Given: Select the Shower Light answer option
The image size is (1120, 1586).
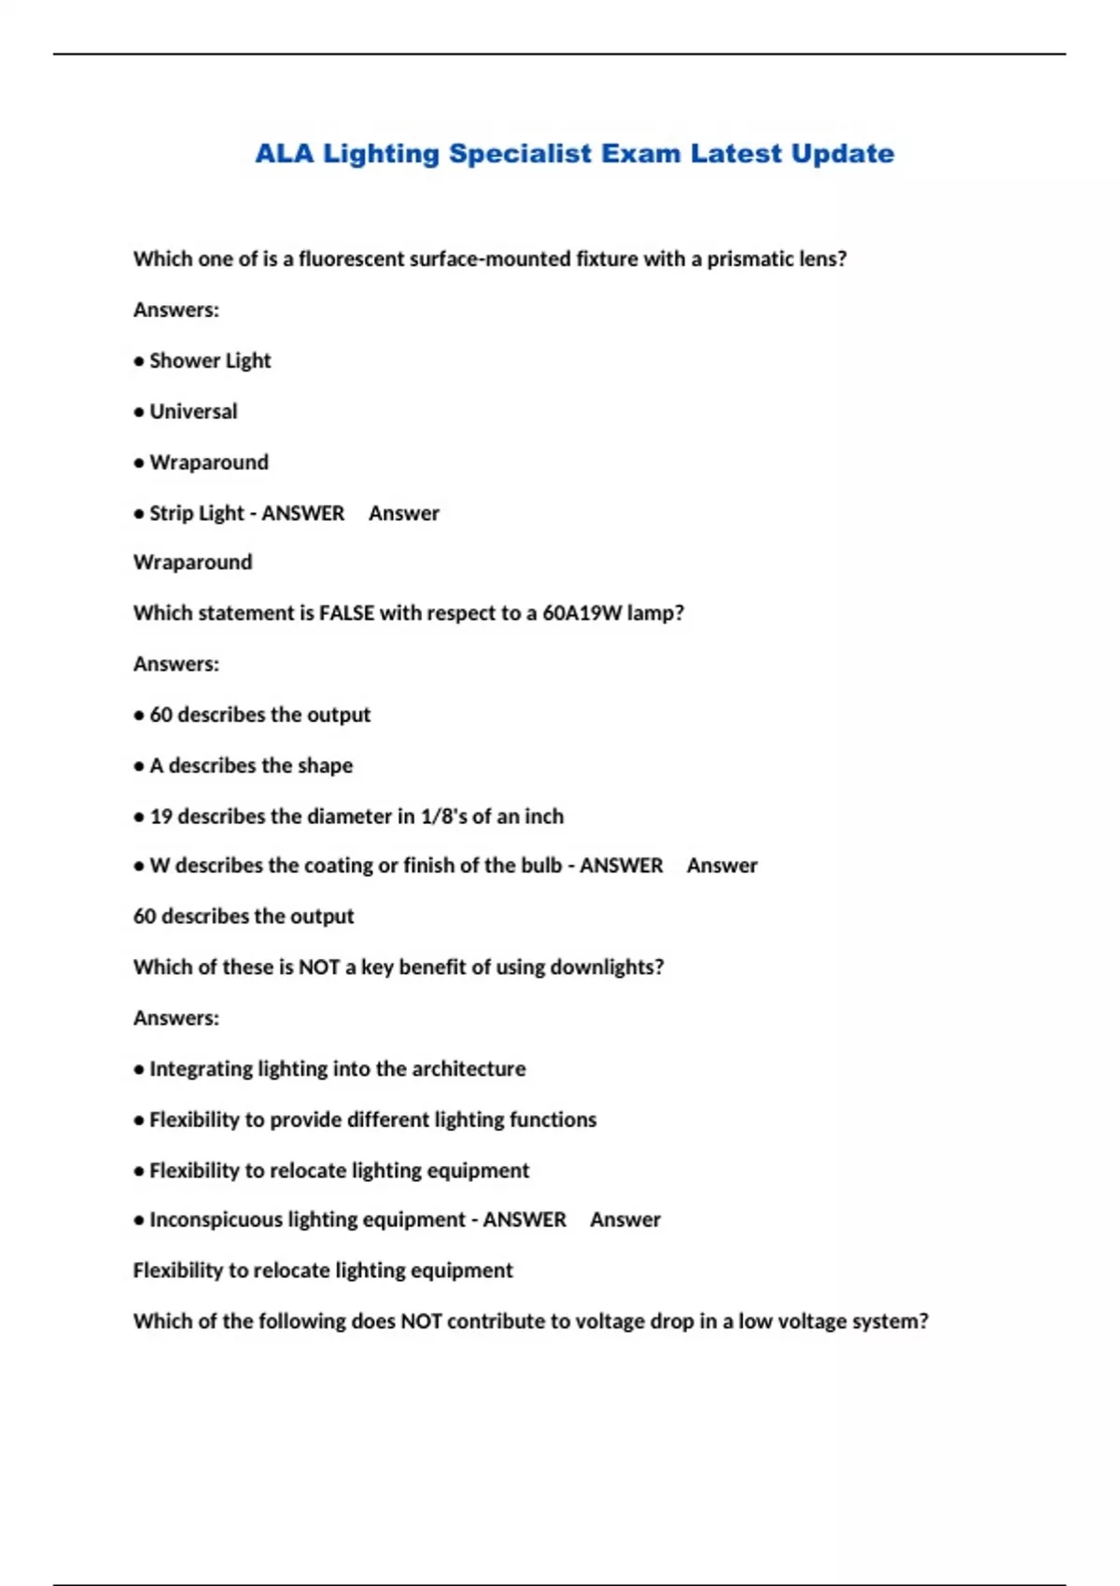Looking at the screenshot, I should pos(210,361).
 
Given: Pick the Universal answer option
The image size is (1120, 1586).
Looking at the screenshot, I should pos(193,411).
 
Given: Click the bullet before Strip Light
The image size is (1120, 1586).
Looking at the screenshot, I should pos(139,514).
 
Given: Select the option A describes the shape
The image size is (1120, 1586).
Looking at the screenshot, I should pos(251,766).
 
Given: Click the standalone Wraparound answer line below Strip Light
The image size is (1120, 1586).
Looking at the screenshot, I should pos(192,563).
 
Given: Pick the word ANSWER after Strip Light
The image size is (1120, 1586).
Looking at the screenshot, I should pos(302,514).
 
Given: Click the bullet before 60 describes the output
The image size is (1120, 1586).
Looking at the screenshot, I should pos(139,716).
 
